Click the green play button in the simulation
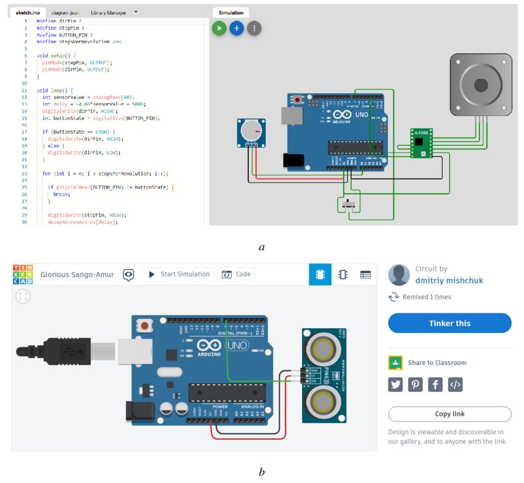tap(219, 28)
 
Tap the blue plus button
tap(236, 28)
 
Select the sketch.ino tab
tap(27, 12)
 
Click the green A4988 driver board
tap(421, 143)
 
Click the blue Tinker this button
tap(449, 323)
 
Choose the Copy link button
tap(449, 414)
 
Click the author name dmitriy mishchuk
tap(449, 281)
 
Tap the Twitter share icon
tap(395, 385)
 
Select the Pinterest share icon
tap(415, 385)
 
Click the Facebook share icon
tap(435, 385)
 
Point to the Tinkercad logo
tap(23, 275)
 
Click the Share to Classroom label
tap(437, 363)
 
